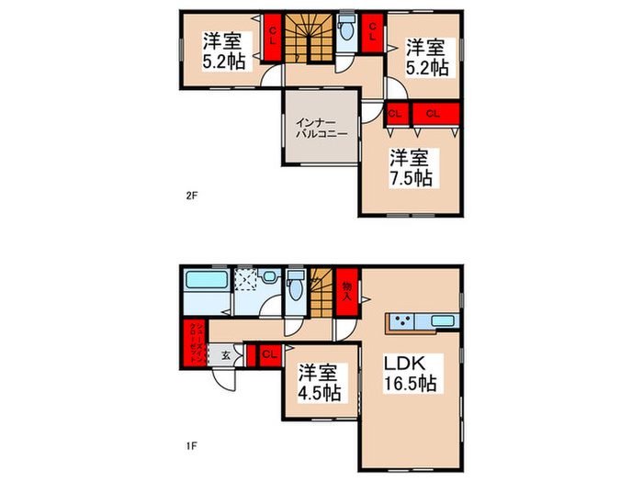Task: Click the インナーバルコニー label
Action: tap(321, 128)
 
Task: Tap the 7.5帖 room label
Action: tap(410, 166)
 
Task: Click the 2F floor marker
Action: tap(191, 195)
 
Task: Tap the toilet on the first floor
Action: tap(294, 287)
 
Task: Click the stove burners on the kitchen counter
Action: tap(400, 321)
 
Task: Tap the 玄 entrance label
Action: tap(225, 355)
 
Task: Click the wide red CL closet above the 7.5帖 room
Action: tap(434, 115)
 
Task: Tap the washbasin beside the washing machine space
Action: tap(268, 275)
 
